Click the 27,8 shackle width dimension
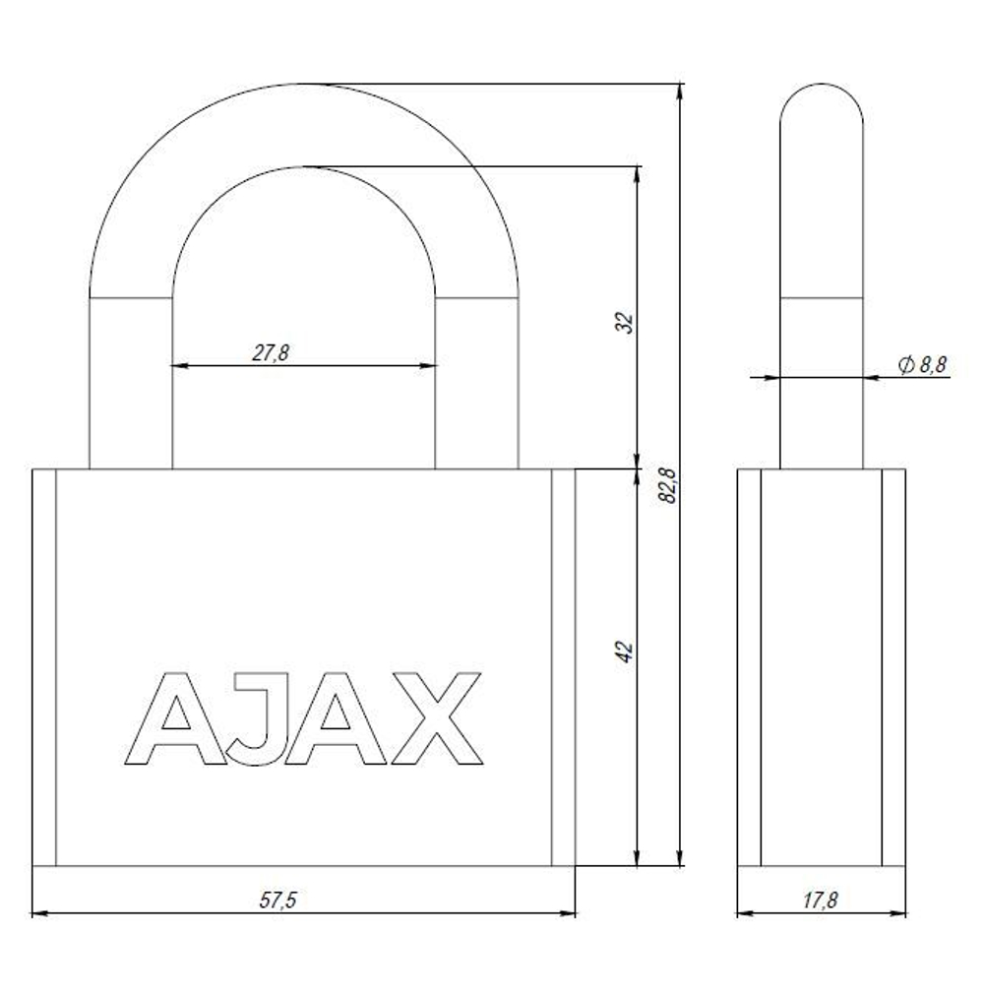[x=270, y=353]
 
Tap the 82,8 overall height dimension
[x=669, y=486]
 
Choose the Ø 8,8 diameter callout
[x=922, y=365]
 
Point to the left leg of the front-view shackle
[x=131, y=384]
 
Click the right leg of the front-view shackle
[x=477, y=384]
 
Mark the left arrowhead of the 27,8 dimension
[x=179, y=365]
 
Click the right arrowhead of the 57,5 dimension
[x=568, y=914]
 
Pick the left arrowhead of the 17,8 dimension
[x=745, y=914]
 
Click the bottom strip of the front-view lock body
[x=304, y=879]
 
